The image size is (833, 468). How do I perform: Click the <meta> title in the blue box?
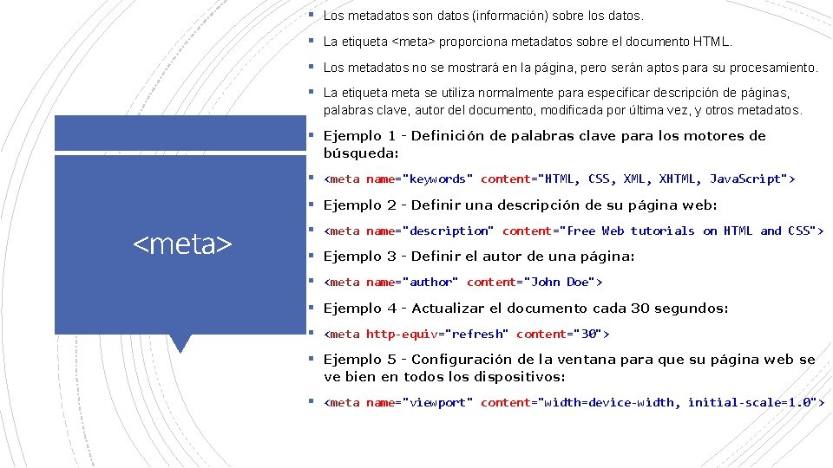(183, 245)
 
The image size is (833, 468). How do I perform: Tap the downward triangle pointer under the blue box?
(180, 343)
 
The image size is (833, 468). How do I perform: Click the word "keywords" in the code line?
(437, 179)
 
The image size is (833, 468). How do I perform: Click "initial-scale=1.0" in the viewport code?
(751, 403)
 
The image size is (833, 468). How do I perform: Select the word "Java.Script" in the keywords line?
(745, 179)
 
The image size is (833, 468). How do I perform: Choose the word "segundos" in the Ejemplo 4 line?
(695, 309)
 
